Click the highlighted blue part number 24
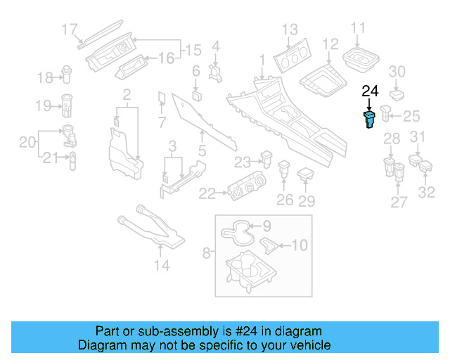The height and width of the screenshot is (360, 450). (368, 120)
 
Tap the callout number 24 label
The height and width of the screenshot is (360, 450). (370, 91)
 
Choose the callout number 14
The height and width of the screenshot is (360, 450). (162, 265)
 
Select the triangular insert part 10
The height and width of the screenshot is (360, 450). (269, 244)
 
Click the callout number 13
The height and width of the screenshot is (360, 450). (290, 30)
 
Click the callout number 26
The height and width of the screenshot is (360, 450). (285, 200)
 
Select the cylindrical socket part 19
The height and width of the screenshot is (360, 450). (69, 105)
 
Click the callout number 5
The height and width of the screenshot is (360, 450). (202, 149)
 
